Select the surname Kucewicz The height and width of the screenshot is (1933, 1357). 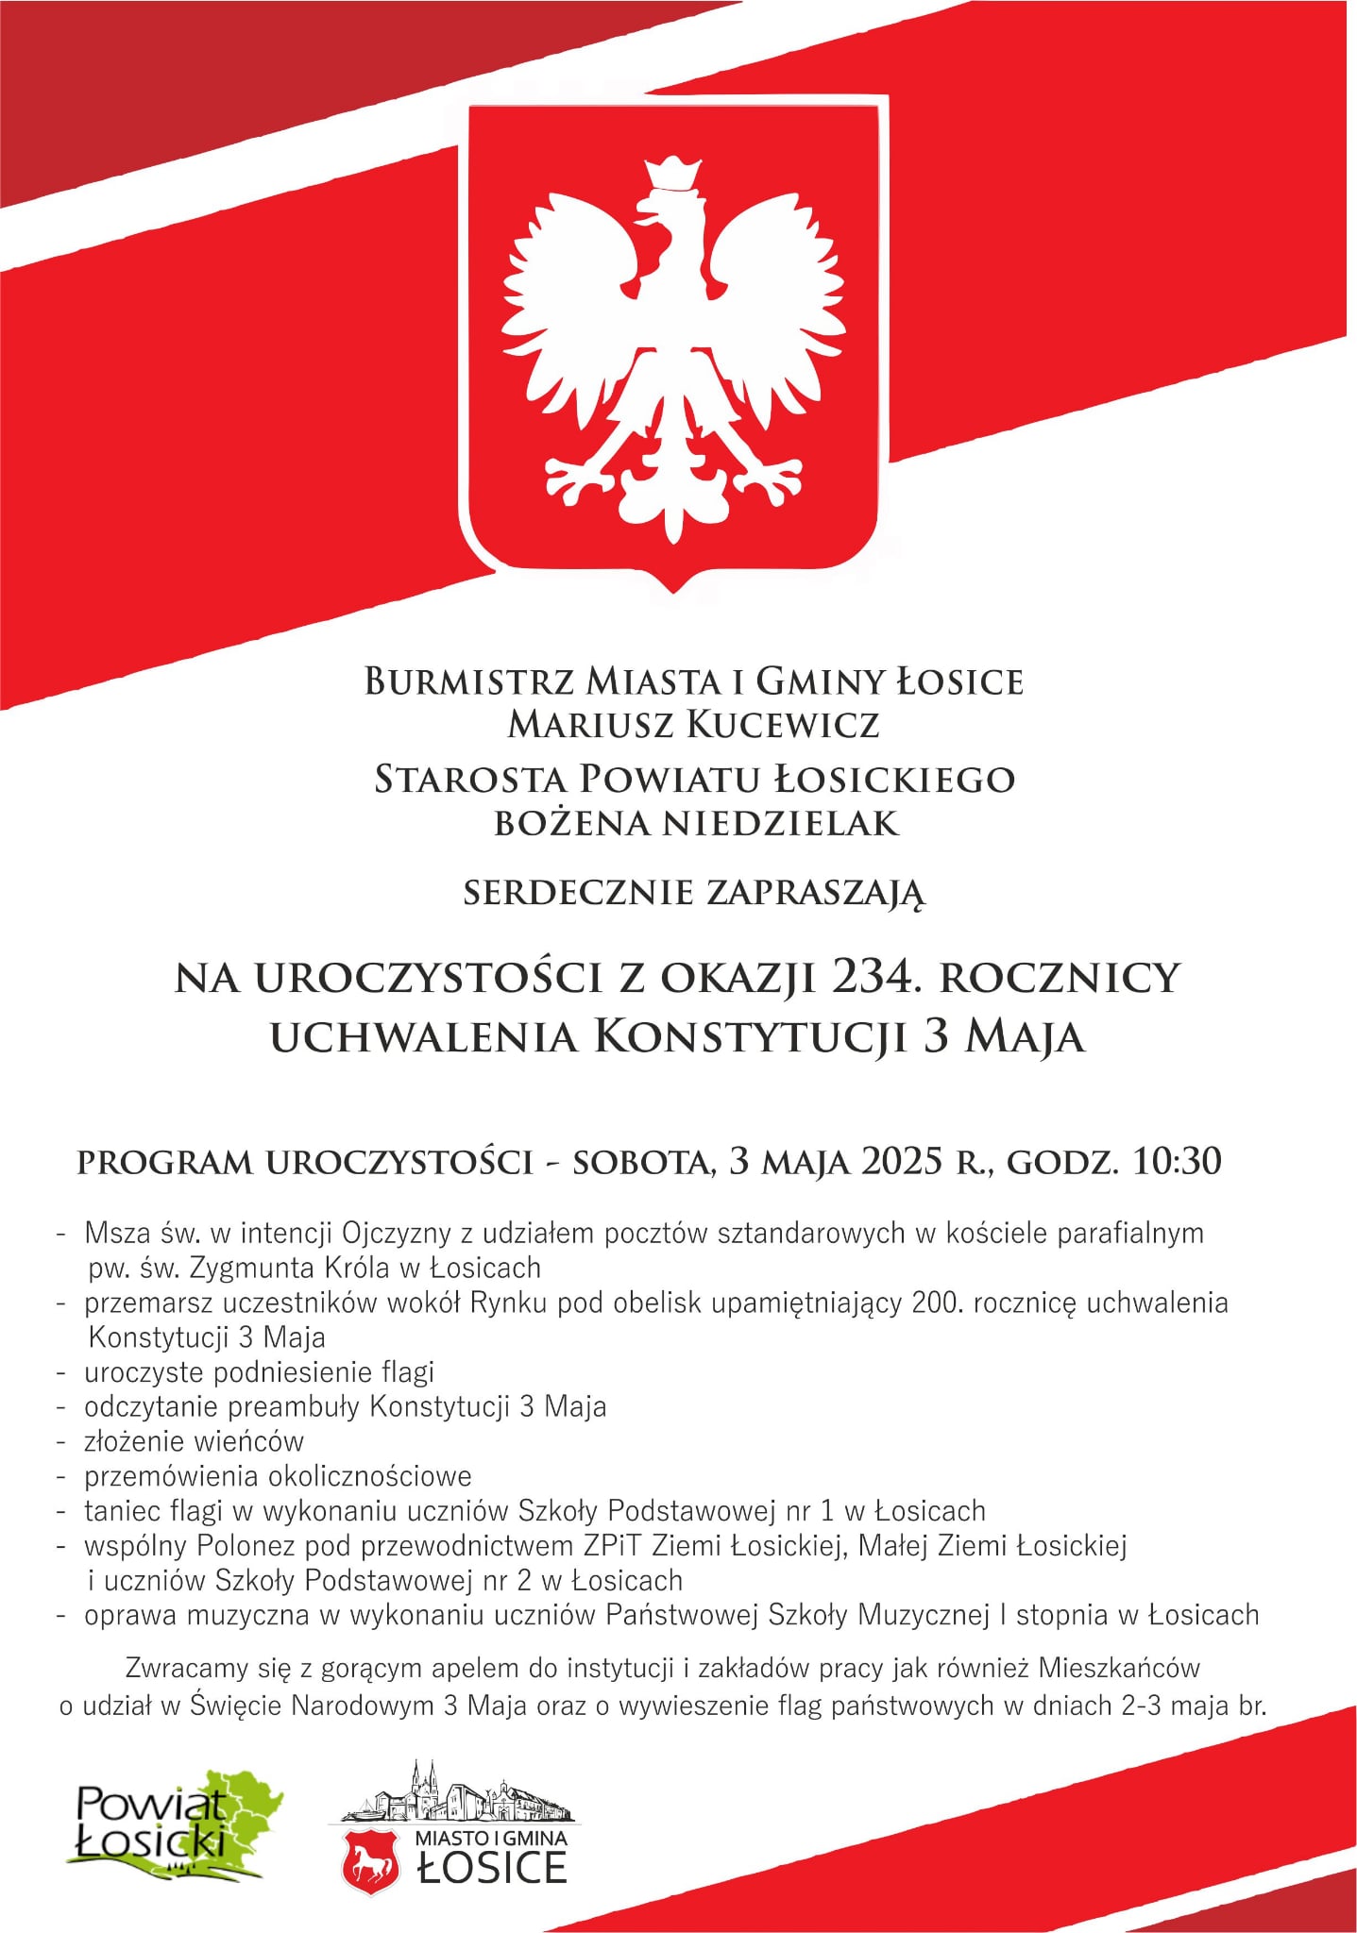coord(783,725)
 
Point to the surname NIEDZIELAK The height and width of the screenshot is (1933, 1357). coord(780,824)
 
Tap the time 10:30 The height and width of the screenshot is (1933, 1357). coord(1177,1161)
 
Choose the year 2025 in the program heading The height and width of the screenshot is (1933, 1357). coord(902,1161)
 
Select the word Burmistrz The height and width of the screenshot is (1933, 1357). coord(469,681)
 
